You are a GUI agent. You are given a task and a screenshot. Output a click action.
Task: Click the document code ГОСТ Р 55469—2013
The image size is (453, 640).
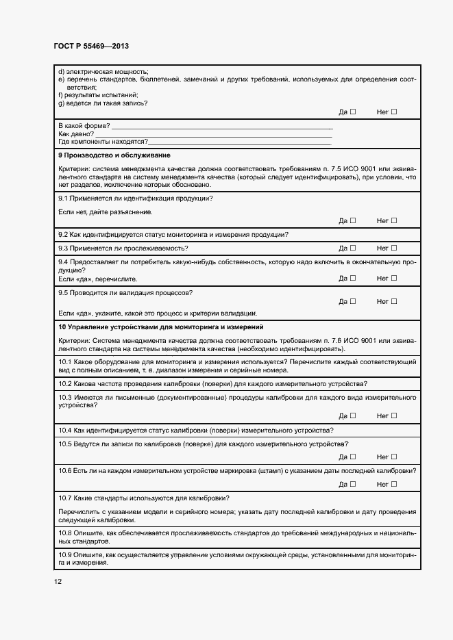coord(91,46)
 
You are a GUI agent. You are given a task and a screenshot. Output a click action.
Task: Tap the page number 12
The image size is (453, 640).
coord(58,581)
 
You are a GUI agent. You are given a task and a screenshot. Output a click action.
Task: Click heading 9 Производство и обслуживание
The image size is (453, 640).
coord(114,155)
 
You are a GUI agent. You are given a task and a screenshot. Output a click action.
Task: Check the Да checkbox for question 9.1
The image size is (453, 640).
coord(353,220)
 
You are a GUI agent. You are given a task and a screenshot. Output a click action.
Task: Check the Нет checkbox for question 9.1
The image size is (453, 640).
coord(394,220)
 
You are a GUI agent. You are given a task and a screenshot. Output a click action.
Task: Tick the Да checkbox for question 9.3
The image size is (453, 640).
coord(353,248)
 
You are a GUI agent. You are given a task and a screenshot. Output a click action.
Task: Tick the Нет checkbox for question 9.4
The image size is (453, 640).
coord(394,278)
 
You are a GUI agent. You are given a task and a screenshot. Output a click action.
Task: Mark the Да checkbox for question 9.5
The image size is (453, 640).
coord(353,301)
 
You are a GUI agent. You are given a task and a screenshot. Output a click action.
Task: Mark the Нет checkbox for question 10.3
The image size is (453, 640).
coord(394,415)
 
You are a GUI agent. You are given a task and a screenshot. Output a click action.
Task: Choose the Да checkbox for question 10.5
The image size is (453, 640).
coord(353,457)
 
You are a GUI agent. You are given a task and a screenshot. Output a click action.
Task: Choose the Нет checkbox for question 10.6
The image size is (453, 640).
coord(394,484)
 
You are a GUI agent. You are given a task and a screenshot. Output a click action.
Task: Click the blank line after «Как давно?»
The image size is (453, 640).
coord(217,135)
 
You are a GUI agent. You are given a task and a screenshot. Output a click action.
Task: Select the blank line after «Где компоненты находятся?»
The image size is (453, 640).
coord(240,142)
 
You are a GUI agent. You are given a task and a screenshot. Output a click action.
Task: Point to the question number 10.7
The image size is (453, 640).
coord(65,498)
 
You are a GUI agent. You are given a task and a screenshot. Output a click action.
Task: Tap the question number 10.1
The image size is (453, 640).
coord(65,361)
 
